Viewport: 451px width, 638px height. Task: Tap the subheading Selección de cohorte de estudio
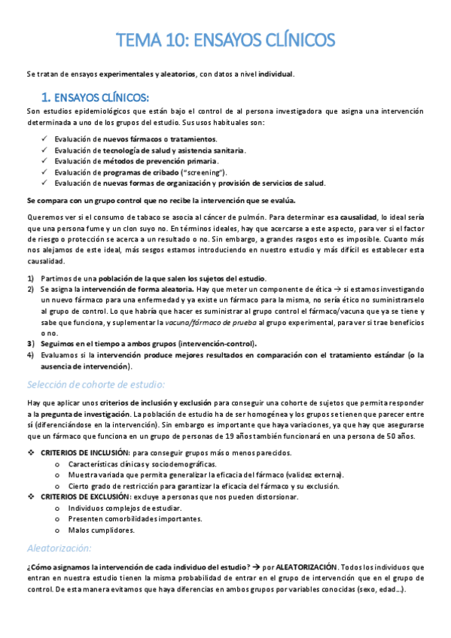click(96, 384)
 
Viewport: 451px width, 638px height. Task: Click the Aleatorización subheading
click(58, 548)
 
